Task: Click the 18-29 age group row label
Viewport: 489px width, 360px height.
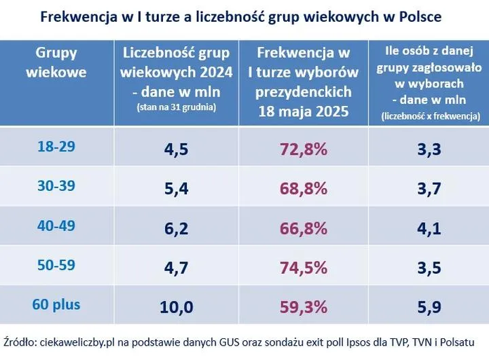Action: [x=56, y=147]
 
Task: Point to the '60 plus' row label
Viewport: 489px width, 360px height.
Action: [x=56, y=304]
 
